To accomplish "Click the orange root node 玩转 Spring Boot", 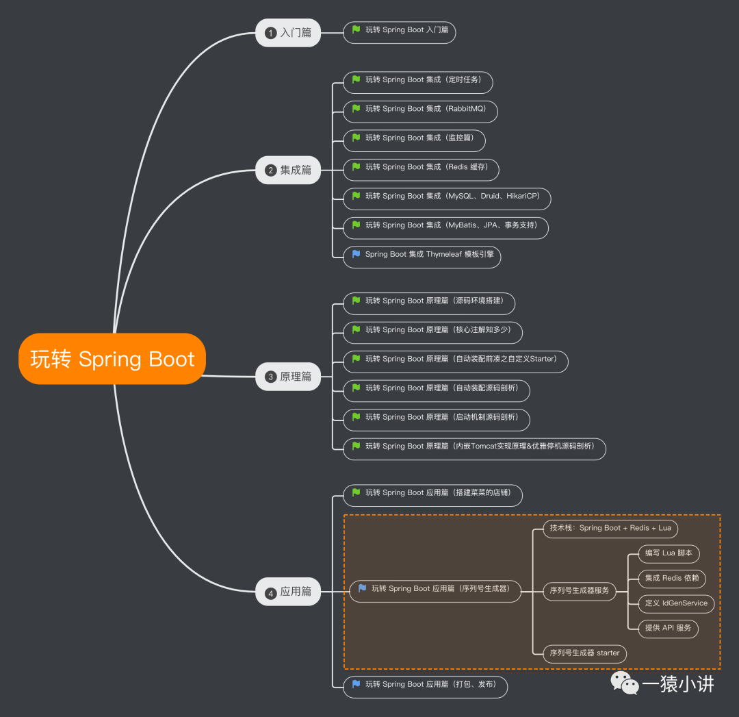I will coord(112,359).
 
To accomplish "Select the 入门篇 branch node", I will coord(288,32).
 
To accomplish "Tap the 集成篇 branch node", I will coord(288,170).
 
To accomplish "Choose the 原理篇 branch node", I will coord(288,377).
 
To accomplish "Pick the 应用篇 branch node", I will coord(288,591).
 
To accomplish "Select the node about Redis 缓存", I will coord(421,167).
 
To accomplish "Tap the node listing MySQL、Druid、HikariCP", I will coord(447,197).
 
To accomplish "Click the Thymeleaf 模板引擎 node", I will coord(422,255).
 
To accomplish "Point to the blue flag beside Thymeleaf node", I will coord(356,254).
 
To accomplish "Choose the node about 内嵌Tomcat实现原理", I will coord(474,446).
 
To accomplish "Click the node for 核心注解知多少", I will coord(432,330).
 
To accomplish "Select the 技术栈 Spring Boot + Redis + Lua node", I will coord(610,528).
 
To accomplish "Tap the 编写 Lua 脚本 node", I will coord(669,553).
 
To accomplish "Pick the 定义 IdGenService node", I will coord(676,603).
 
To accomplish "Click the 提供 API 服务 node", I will coord(668,627).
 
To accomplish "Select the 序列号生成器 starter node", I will coord(584,653).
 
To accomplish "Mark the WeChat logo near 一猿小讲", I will coord(623,682).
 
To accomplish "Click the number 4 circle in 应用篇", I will coord(270,593).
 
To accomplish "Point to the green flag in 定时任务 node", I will coord(356,79).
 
